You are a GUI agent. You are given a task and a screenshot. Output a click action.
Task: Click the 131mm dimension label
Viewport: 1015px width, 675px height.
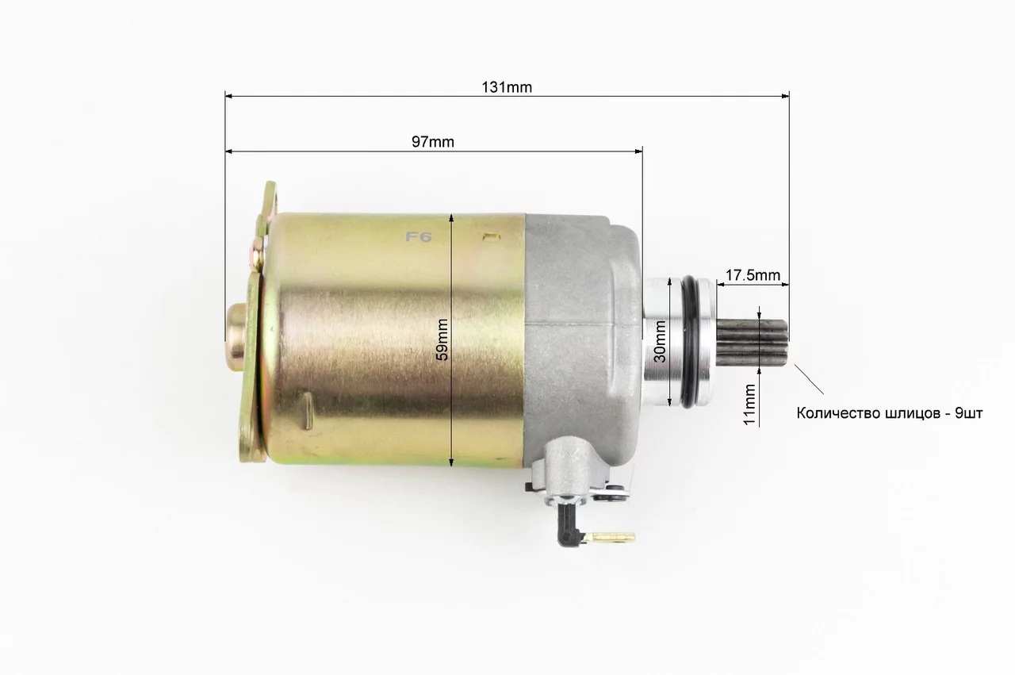(507, 87)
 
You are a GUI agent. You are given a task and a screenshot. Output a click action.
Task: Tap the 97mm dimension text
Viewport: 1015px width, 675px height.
(433, 142)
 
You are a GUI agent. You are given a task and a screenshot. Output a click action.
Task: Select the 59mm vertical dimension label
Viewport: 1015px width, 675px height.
(442, 340)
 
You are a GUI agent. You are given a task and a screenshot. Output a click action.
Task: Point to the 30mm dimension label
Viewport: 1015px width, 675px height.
(661, 342)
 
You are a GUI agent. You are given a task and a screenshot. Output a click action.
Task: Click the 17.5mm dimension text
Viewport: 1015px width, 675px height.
(753, 275)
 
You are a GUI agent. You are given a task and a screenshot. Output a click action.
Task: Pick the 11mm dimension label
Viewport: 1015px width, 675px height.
(750, 405)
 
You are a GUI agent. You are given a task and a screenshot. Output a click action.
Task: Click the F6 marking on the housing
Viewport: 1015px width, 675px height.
(418, 236)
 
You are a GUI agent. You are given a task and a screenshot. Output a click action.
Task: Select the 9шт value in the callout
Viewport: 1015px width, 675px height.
(969, 413)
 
